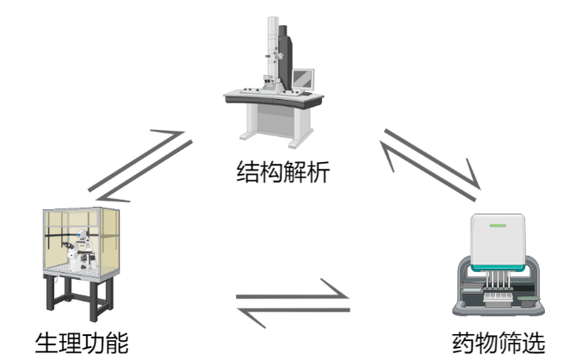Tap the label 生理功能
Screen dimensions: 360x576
[81, 343]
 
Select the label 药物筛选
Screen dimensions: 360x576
[499, 343]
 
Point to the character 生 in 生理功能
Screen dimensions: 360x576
[46, 343]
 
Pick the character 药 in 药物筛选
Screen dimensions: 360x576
[463, 343]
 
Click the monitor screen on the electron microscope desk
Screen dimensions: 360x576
[301, 80]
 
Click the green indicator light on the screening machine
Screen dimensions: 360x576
[499, 227]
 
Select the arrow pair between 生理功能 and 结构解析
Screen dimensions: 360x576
[138, 162]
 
